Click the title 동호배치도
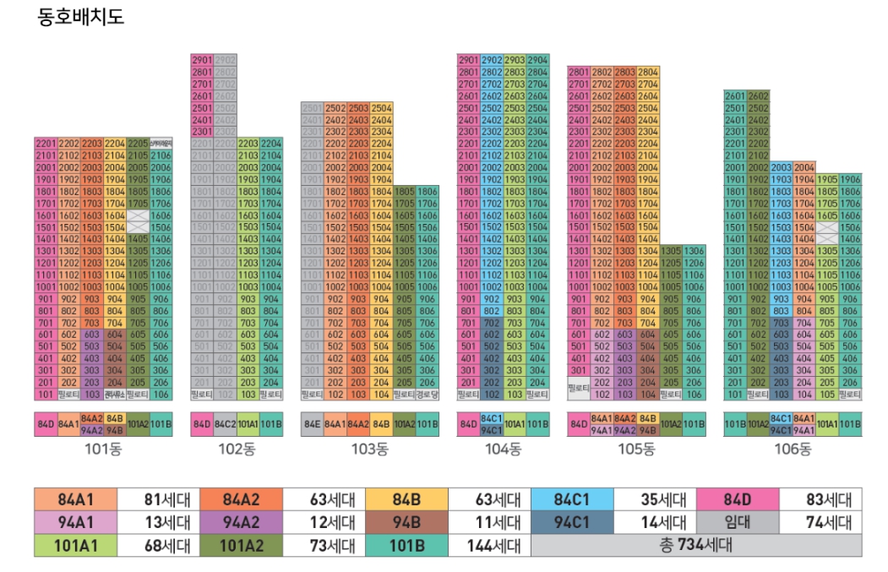point(81,17)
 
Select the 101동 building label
point(103,449)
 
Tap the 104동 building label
point(503,449)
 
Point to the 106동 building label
point(793,449)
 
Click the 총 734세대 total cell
point(696,545)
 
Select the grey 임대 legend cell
point(738,522)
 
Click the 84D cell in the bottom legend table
point(738,499)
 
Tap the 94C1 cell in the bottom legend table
point(571,522)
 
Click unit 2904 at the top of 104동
point(537,61)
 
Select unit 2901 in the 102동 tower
point(202,61)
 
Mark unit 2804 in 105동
point(648,73)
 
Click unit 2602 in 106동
point(758,96)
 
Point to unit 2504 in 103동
point(381,108)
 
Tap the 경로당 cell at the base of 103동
point(428,395)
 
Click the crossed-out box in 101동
point(138,221)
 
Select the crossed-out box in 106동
point(827,233)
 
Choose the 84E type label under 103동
point(312,424)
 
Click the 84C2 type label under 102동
point(225,424)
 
